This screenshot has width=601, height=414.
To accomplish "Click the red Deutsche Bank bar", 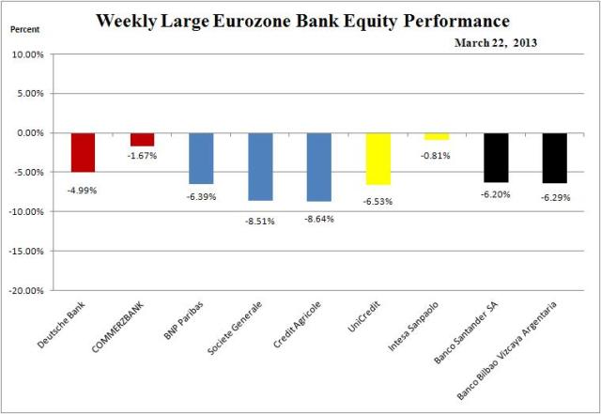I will pos(83,152).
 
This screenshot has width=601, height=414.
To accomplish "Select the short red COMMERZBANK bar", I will pos(142,139).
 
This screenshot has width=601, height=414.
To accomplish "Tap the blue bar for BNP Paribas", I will pos(201,158).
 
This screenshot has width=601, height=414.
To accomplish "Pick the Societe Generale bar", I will pos(260,166).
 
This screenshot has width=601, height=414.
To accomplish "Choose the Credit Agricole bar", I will pos(319,167).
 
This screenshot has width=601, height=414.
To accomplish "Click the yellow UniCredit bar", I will pos(378,159).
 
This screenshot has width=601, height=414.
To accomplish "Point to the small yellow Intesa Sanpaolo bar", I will pos(437,136).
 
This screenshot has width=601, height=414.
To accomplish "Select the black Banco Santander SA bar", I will pos(496,157).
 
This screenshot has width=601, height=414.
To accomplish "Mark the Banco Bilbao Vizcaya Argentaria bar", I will pos(554,158).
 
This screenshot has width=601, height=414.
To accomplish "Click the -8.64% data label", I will pos(319,218).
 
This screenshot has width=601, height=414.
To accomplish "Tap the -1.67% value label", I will pos(143,156).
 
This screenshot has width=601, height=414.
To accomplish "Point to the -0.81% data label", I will pos(438,156).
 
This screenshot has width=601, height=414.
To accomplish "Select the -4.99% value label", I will pos(83,190).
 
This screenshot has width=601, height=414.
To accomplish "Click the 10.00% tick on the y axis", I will pos(33,54).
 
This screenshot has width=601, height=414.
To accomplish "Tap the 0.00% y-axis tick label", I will pos(35,133).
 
